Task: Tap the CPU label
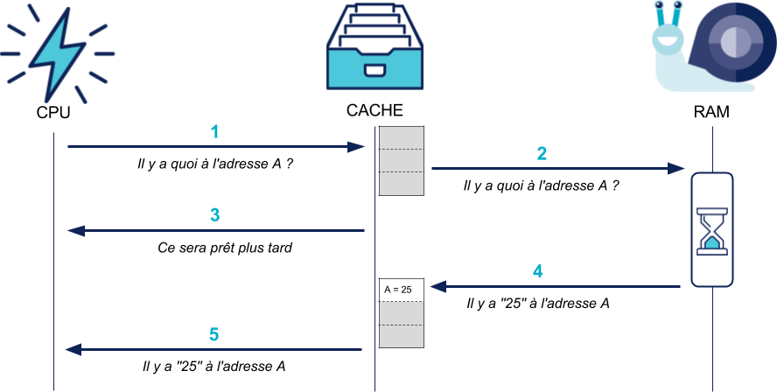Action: [x=52, y=114]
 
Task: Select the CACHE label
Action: [x=374, y=111]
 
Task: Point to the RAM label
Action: [x=710, y=113]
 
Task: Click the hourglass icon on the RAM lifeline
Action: [x=711, y=229]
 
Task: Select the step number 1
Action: [x=215, y=132]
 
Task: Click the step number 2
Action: [x=542, y=154]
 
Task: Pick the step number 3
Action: [x=215, y=215]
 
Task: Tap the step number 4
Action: [x=538, y=271]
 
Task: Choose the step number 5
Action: [x=214, y=334]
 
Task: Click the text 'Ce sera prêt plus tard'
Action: [x=225, y=248]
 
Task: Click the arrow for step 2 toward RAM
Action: [x=557, y=168]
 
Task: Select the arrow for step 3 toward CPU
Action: [x=215, y=231]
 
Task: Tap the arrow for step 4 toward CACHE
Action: [x=555, y=286]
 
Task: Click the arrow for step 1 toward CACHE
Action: [x=215, y=147]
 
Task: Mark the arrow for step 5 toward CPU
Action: [x=214, y=350]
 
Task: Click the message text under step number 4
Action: [x=538, y=304]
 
